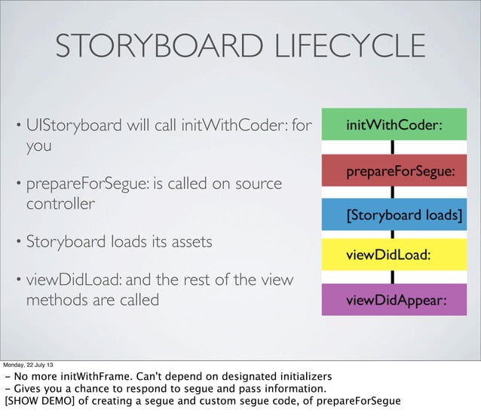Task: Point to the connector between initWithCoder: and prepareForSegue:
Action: coord(394,148)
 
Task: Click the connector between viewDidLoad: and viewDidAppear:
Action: coord(394,277)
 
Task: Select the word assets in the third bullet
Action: coord(187,243)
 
